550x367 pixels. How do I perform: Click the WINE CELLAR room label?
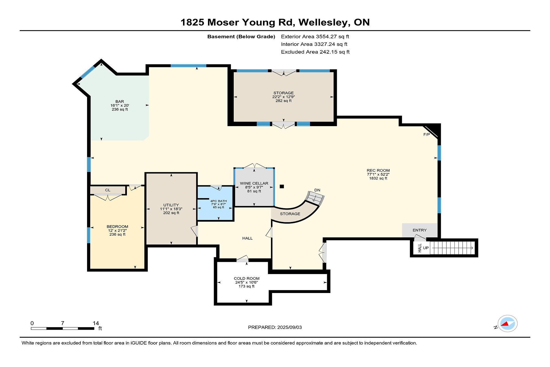click(254, 183)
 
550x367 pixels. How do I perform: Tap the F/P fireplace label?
click(427, 134)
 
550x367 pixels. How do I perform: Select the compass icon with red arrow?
click(507, 324)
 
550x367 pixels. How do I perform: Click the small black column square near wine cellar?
click(282, 186)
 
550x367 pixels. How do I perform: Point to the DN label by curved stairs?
click(317, 190)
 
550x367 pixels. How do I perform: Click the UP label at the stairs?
click(426, 248)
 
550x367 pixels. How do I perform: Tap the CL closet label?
click(108, 190)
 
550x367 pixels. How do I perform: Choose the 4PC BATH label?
click(219, 201)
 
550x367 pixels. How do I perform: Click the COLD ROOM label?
click(247, 278)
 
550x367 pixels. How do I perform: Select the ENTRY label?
click(420, 230)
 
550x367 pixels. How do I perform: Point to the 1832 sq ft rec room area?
click(378, 178)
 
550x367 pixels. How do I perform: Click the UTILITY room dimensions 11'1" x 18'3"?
click(171, 209)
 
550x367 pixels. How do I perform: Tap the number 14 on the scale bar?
click(96, 323)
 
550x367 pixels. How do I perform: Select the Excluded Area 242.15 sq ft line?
click(315, 52)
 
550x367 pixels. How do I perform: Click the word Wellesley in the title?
click(324, 22)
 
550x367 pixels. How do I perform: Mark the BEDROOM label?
click(117, 227)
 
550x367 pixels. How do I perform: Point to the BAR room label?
click(120, 101)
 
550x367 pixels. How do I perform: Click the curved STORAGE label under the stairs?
click(290, 214)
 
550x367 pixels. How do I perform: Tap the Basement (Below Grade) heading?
click(241, 37)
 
